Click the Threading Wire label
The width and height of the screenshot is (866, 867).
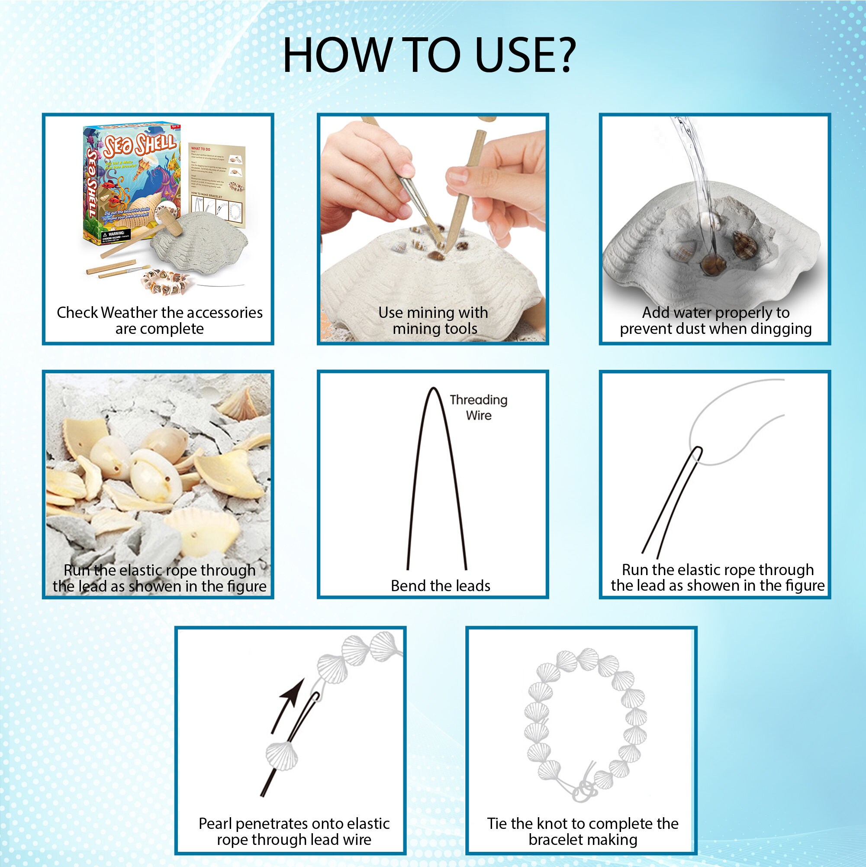pyautogui.click(x=479, y=408)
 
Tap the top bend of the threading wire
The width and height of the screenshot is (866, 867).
pyautogui.click(x=433, y=389)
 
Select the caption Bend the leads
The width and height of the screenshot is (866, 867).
pyautogui.click(x=441, y=586)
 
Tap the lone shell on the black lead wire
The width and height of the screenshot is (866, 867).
pyautogui.click(x=282, y=755)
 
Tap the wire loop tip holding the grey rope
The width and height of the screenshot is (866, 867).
pyautogui.click(x=697, y=453)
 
